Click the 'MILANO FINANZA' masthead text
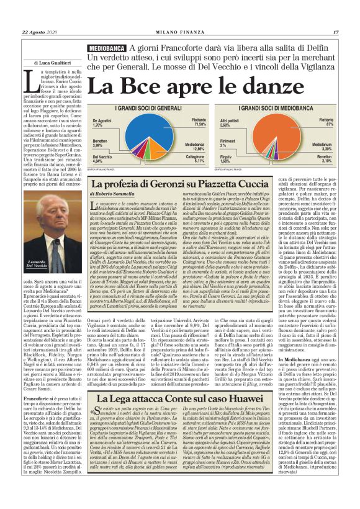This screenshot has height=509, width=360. coord(180,32)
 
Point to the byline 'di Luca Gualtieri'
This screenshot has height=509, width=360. coord(52,63)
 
